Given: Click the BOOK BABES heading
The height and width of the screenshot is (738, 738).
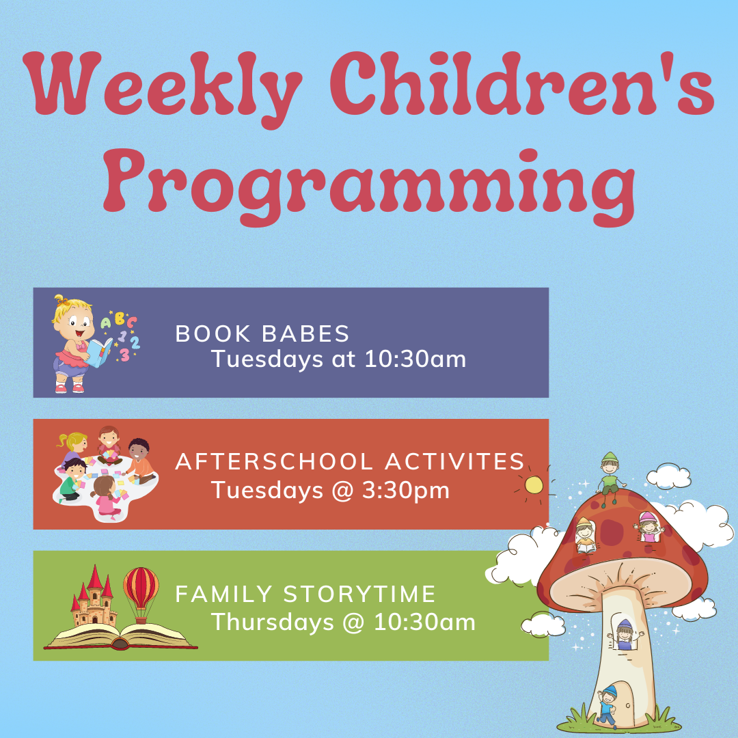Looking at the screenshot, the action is (262, 333).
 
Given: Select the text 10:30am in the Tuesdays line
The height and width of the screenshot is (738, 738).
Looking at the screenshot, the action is (415, 359).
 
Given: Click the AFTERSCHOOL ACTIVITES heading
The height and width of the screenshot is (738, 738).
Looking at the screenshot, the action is (350, 461).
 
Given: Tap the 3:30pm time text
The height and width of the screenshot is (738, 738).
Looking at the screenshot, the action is (406, 491).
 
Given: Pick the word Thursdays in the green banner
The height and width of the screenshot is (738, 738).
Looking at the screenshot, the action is (273, 622).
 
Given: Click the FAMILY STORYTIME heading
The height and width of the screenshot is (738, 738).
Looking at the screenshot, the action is (305, 594).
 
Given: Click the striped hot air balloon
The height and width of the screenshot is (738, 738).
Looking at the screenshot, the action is (141, 593).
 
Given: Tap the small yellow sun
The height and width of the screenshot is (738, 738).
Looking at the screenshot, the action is (534, 484).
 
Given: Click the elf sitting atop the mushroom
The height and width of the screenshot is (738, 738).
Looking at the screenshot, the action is (610, 477).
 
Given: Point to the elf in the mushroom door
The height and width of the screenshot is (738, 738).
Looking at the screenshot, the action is (607, 706).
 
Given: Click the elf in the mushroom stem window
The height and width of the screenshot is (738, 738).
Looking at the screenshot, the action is (625, 634).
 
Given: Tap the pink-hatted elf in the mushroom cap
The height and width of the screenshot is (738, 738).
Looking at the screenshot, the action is (649, 527).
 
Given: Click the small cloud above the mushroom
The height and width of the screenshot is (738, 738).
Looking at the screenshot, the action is (669, 476).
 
